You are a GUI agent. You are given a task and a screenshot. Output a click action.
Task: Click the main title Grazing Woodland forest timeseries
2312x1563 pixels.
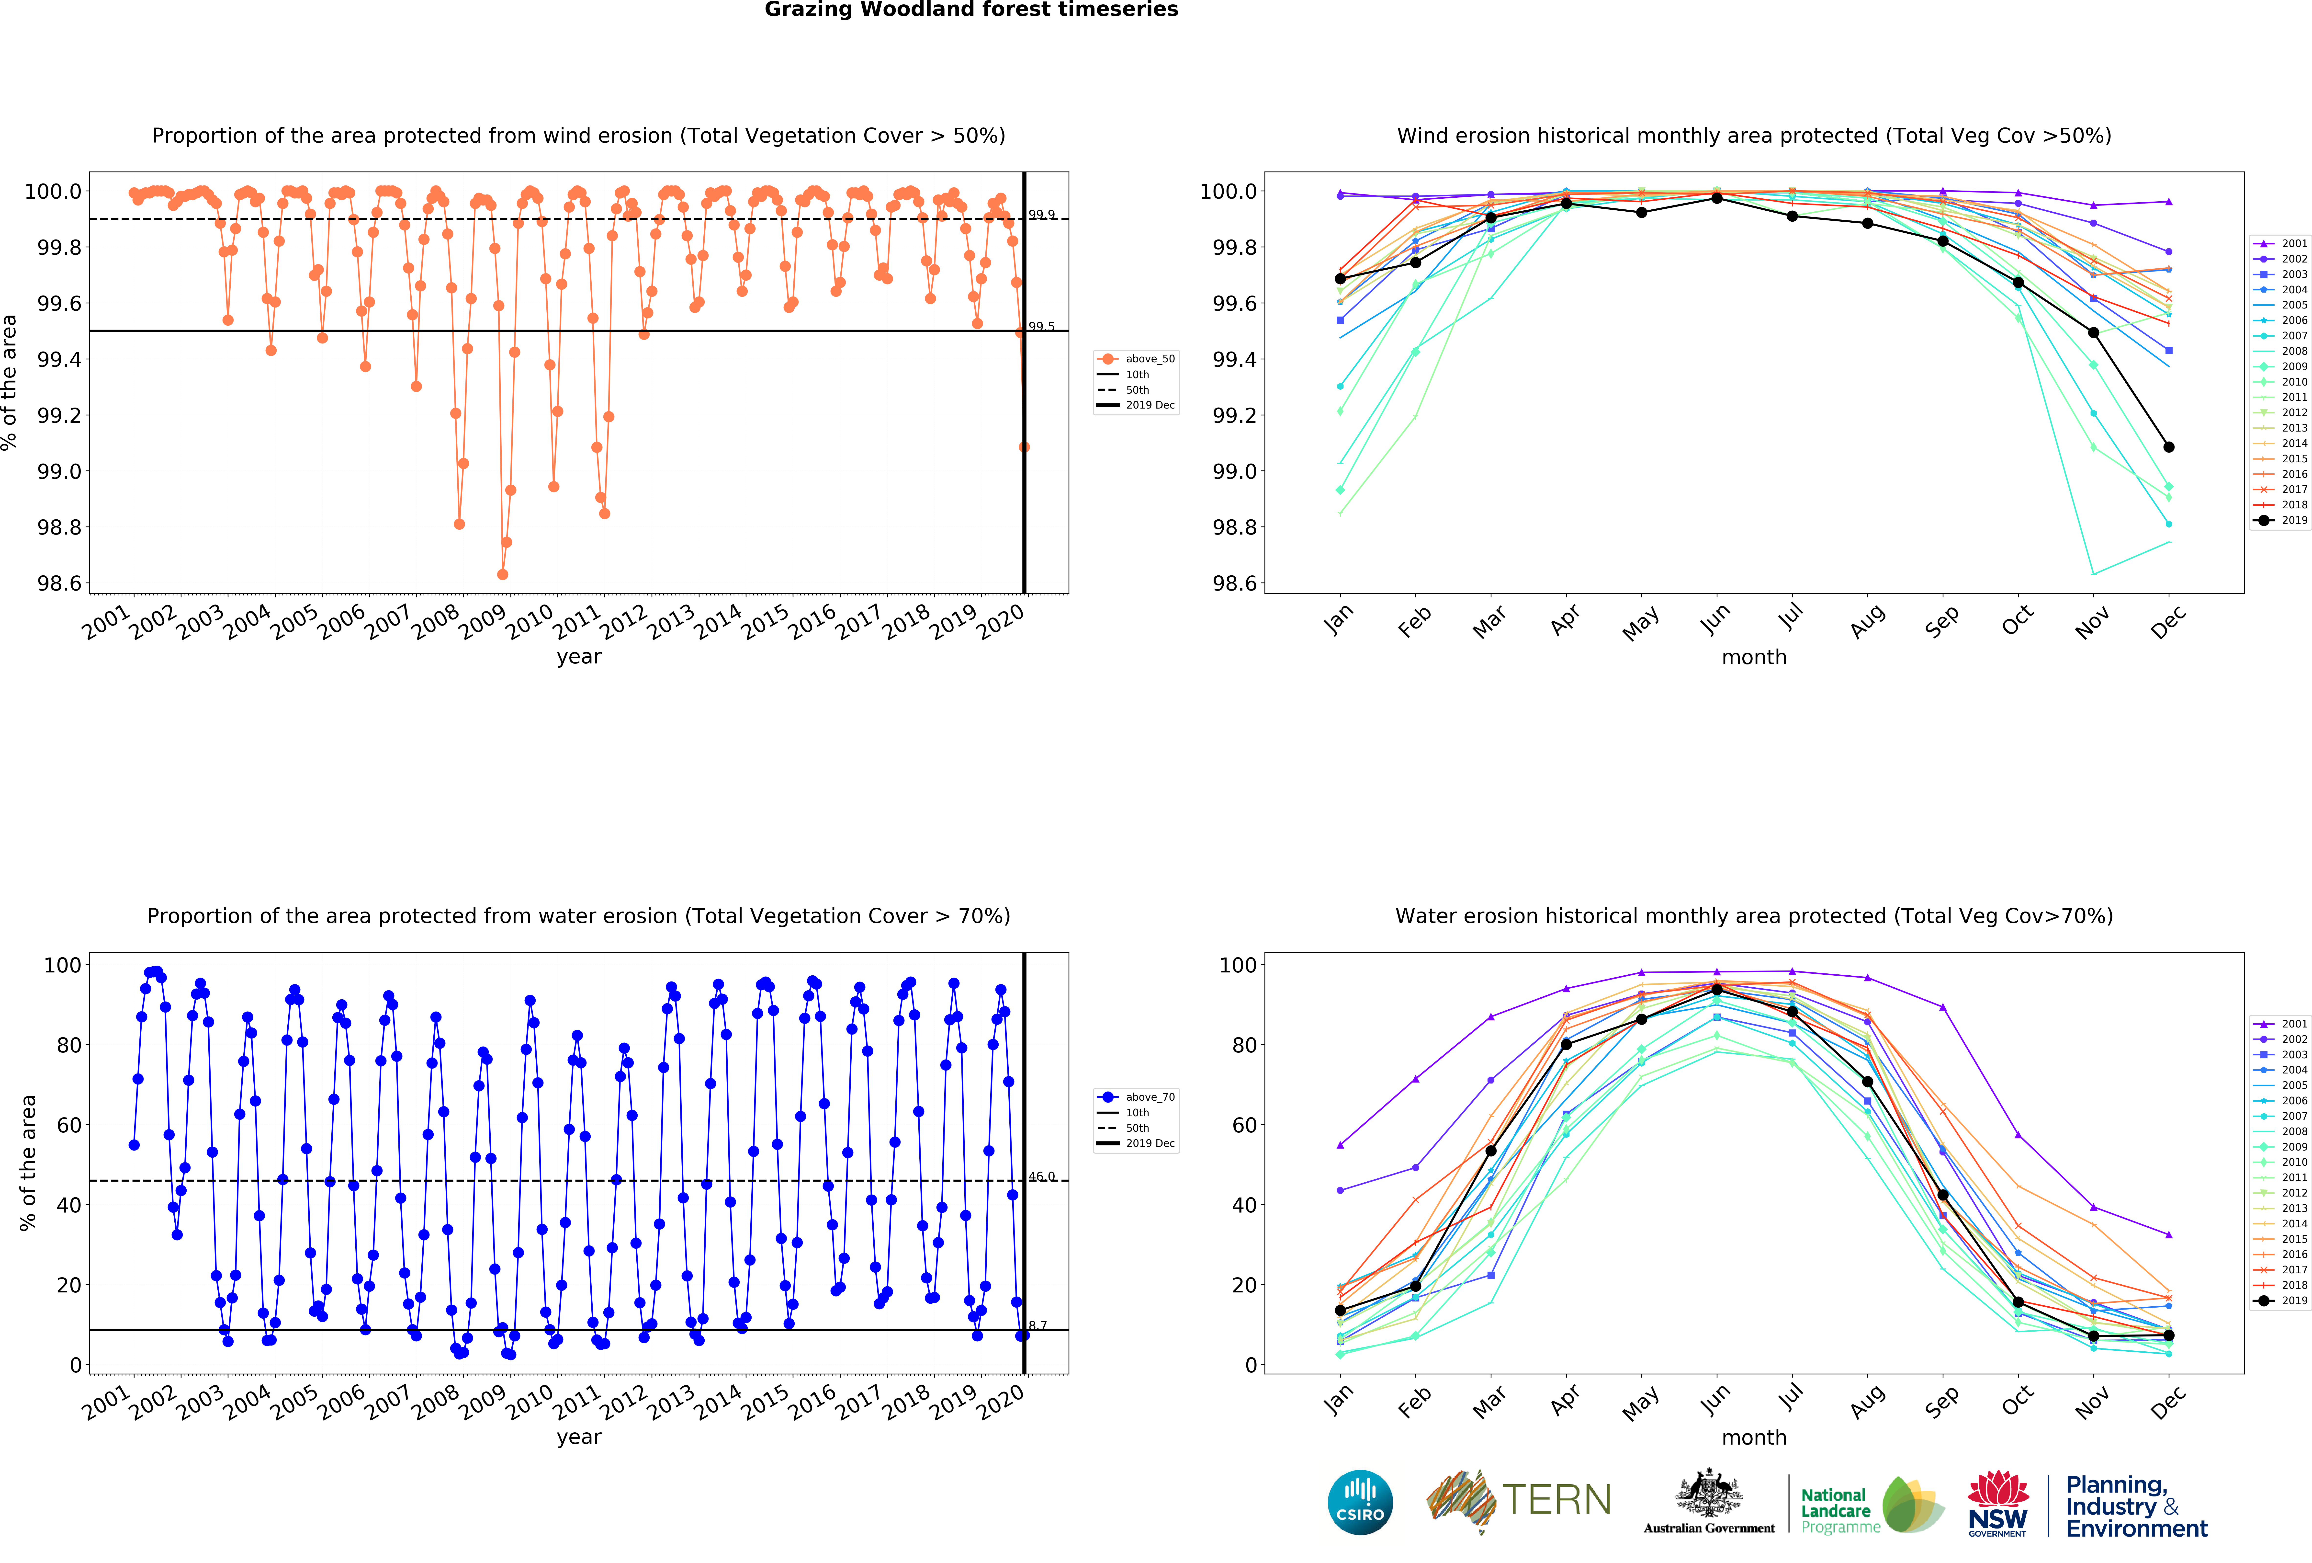[971, 10]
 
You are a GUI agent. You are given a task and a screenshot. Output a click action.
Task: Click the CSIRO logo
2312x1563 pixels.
[1360, 1502]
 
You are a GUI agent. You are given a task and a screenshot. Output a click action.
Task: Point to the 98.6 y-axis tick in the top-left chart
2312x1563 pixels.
[60, 584]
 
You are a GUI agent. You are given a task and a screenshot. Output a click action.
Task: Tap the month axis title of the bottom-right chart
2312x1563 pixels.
[1754, 1438]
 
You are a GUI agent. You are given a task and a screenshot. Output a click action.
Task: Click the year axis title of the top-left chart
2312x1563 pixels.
[579, 657]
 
